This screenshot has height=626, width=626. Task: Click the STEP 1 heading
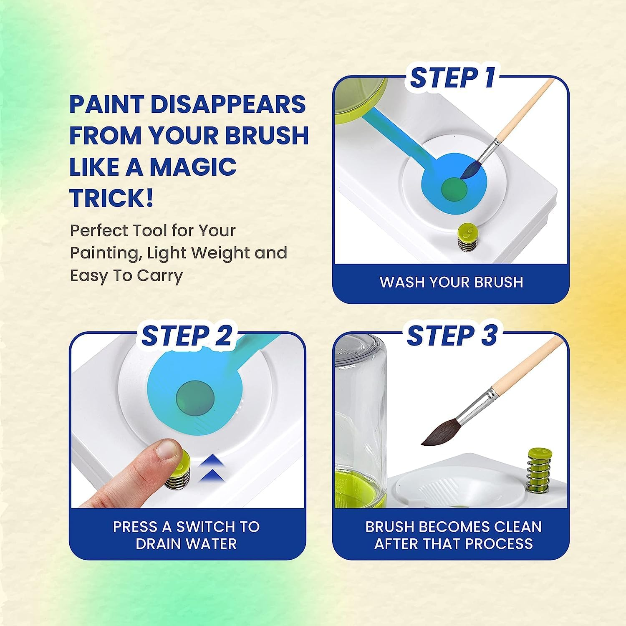(x=452, y=78)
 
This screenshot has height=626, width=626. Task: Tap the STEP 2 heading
(x=187, y=335)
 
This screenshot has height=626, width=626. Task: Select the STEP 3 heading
(x=452, y=335)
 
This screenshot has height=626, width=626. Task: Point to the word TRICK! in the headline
(x=111, y=197)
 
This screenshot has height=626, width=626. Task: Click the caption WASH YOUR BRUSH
(x=451, y=282)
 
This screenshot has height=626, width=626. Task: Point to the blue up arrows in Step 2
(x=213, y=469)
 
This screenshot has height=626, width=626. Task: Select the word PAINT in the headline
(x=106, y=104)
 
